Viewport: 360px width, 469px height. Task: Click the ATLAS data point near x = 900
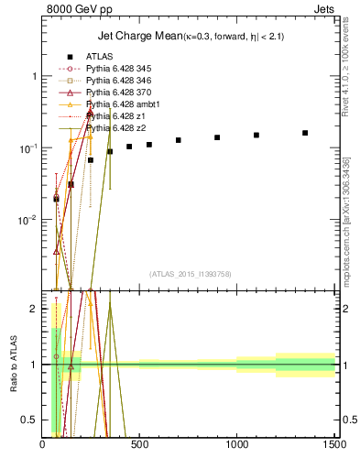(x=217, y=137)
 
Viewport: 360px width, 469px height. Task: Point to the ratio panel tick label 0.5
(x=30, y=420)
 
